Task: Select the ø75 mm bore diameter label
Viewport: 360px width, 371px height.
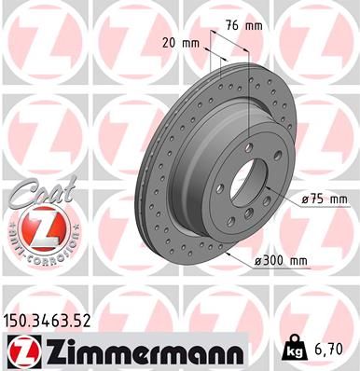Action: (x=325, y=199)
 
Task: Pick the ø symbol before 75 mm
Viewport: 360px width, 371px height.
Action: (x=305, y=199)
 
